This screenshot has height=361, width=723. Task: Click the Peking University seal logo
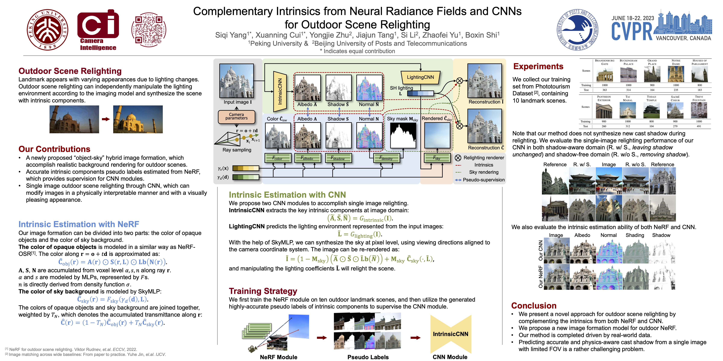click(x=47, y=30)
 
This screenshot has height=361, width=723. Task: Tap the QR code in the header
click(x=149, y=30)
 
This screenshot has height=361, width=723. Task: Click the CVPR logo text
click(x=632, y=31)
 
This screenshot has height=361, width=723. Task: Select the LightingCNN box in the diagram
click(x=420, y=77)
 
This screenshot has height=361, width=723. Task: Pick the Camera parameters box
click(x=236, y=116)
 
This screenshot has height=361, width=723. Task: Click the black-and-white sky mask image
click(x=403, y=136)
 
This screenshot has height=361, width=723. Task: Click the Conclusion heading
click(x=534, y=305)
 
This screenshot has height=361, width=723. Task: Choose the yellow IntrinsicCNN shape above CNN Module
click(x=451, y=334)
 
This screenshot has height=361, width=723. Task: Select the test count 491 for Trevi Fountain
click(x=699, y=126)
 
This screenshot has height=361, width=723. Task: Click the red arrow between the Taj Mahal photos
click(x=106, y=119)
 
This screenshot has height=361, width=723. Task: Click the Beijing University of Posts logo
click(x=577, y=30)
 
